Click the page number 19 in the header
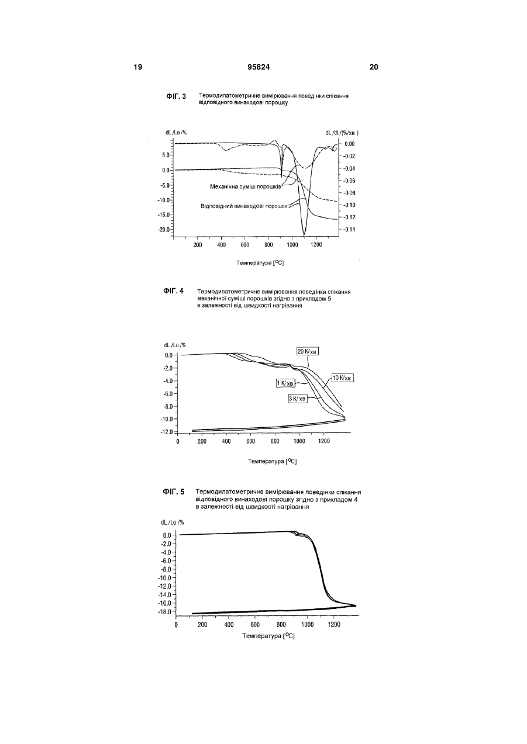click(x=138, y=67)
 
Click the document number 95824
click(x=259, y=67)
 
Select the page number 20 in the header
click(x=374, y=67)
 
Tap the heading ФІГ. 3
click(x=176, y=96)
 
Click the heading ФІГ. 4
click(x=173, y=291)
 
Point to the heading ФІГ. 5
click(x=174, y=492)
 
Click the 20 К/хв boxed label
click(x=308, y=351)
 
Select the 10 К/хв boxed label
click(x=343, y=378)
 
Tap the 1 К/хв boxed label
click(x=285, y=383)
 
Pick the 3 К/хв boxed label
click(x=298, y=399)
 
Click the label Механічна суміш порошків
click(x=246, y=186)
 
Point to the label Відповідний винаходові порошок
click(x=244, y=206)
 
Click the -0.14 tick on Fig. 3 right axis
click(x=349, y=230)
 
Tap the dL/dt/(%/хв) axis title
click(x=342, y=133)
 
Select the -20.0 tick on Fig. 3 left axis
click(x=164, y=230)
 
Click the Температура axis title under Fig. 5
click(x=268, y=636)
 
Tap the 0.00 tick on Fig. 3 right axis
click(x=350, y=144)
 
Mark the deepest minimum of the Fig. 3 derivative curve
click(x=304, y=235)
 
